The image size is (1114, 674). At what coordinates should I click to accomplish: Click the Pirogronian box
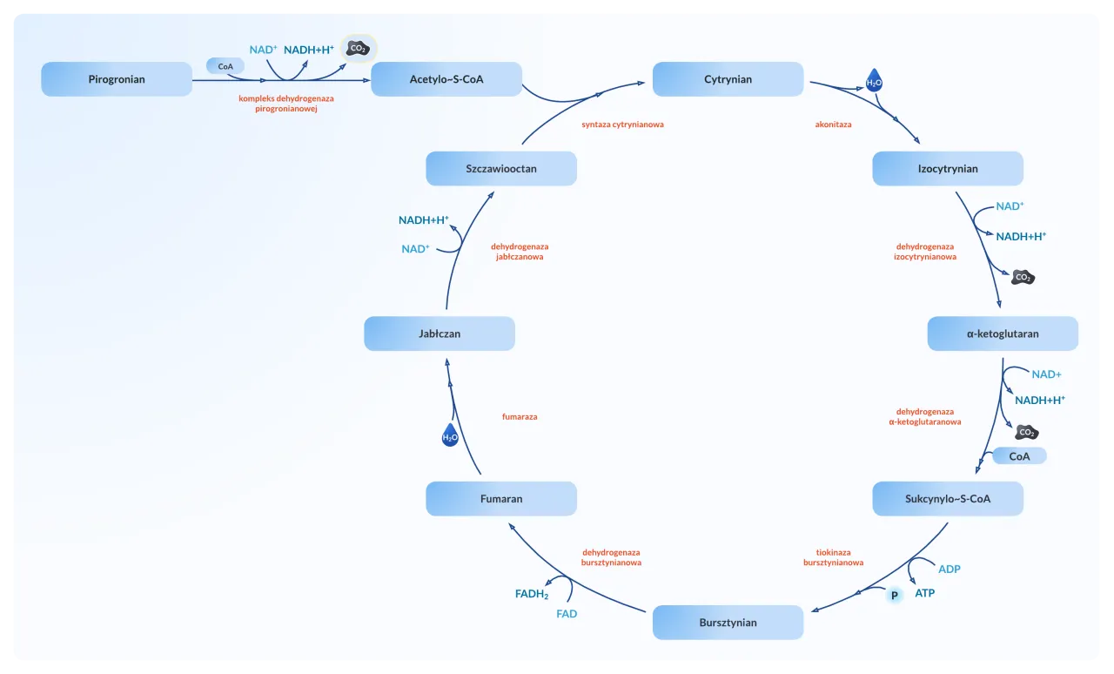point(117,79)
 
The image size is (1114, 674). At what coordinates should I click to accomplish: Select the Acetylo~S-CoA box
point(446,79)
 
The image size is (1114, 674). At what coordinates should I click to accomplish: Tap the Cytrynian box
point(728,79)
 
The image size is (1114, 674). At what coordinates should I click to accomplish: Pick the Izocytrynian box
point(948,169)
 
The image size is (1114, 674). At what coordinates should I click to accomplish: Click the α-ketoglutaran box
point(1003,334)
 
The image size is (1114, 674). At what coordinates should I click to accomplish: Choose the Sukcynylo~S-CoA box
point(948,499)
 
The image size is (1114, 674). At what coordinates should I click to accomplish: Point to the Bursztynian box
point(728,623)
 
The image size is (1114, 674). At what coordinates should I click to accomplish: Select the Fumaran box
point(501,499)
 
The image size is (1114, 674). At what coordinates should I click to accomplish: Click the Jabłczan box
point(440,334)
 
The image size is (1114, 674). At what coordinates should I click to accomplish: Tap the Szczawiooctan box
point(501,169)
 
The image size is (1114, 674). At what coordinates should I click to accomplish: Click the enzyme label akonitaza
point(833,125)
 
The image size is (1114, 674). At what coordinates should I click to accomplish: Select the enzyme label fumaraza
point(520,417)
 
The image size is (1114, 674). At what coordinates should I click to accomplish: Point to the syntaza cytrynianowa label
point(622,125)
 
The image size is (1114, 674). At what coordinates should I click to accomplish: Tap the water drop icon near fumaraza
point(450,436)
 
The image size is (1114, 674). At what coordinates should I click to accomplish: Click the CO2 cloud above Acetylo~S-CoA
point(358,49)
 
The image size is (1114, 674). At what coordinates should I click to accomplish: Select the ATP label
point(924,593)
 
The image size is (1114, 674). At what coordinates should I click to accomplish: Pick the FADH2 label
point(532,595)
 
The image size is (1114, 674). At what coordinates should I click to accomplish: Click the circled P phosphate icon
point(894,596)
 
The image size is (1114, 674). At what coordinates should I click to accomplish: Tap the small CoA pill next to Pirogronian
point(225,66)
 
